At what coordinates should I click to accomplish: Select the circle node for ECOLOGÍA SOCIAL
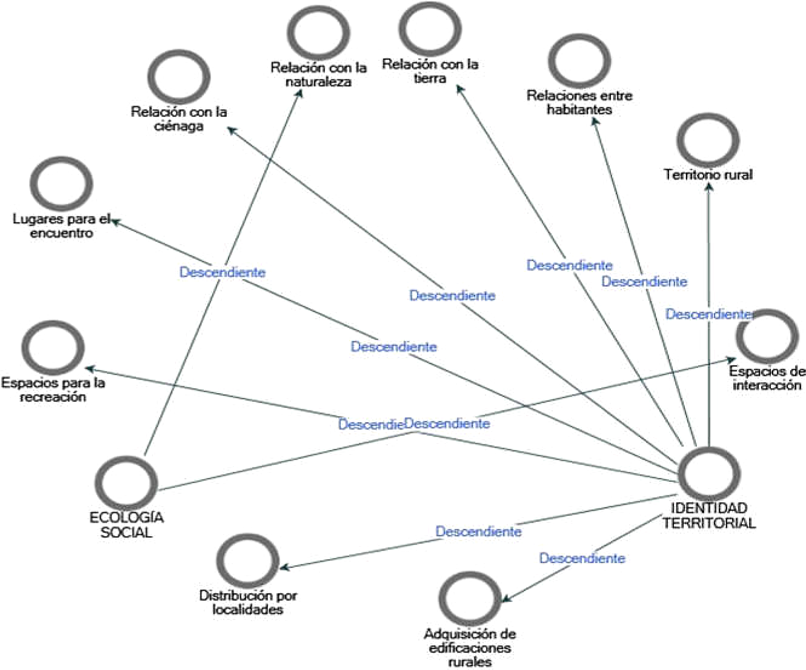click(x=126, y=483)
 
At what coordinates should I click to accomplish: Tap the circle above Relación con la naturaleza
click(x=318, y=32)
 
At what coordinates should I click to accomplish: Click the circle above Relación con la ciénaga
click(x=179, y=77)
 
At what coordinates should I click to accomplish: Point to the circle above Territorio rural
click(x=707, y=140)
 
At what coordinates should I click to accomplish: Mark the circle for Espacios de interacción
click(x=767, y=336)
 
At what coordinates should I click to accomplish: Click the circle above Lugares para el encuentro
click(x=61, y=184)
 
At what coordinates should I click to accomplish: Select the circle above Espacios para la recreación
click(x=53, y=348)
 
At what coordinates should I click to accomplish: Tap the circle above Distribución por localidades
click(x=247, y=561)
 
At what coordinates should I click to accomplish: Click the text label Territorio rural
click(x=708, y=175)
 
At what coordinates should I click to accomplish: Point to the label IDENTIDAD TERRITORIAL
click(x=708, y=515)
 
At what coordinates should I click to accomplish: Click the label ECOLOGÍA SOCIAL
click(x=126, y=525)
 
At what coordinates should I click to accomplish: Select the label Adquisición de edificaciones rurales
click(x=470, y=648)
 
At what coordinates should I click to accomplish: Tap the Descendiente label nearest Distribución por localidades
click(x=478, y=532)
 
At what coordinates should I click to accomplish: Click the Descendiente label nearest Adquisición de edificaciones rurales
click(x=582, y=558)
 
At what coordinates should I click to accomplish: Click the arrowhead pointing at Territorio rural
click(x=708, y=188)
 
